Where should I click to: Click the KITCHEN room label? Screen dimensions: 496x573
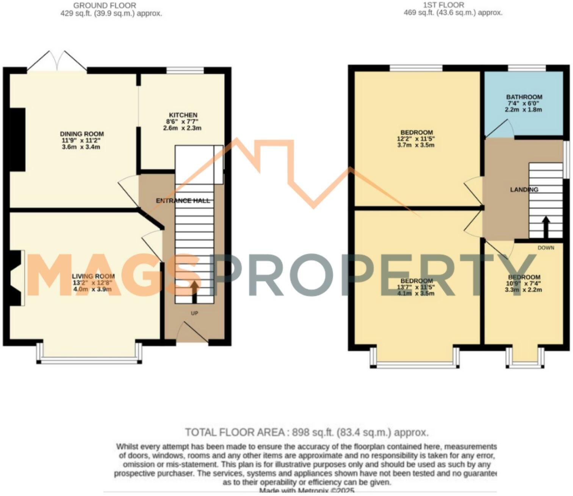point(183,115)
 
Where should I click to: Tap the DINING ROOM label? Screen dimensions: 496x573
point(82,134)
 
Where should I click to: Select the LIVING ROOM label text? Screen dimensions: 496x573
point(93,276)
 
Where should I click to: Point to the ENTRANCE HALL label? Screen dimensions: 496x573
point(183,201)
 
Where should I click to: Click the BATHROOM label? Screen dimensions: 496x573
point(524,97)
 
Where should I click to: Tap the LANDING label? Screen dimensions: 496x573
point(524,189)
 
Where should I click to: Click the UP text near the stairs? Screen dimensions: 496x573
point(194,313)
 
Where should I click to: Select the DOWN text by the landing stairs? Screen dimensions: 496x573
point(546,248)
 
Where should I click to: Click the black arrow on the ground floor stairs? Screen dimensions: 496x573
point(194,291)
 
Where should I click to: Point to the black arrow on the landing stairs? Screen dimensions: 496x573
point(546,227)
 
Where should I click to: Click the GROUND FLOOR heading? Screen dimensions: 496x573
point(105,6)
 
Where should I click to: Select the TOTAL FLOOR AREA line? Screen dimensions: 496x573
point(307,432)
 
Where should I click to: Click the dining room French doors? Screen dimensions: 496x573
point(57,61)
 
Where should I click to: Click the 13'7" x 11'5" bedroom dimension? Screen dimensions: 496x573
point(416,287)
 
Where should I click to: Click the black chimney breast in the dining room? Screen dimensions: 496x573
point(18,139)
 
